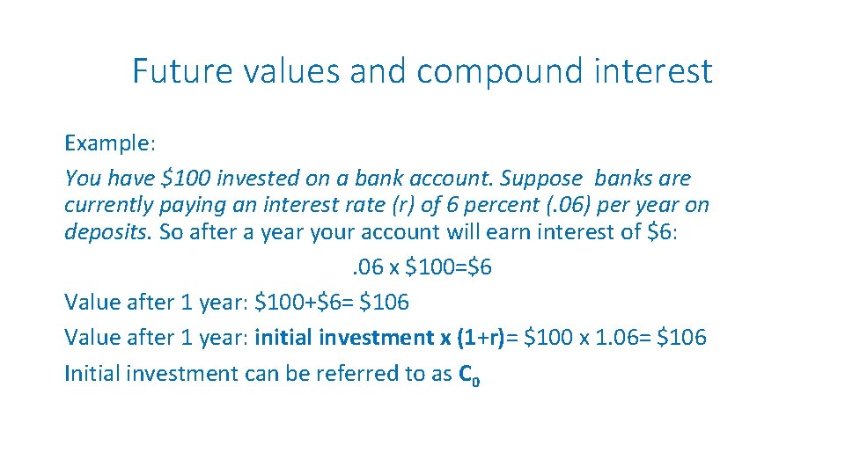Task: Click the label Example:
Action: [108, 143]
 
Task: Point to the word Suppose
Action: [540, 179]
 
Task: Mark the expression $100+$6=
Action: [303, 303]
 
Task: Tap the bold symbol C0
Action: [469, 375]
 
